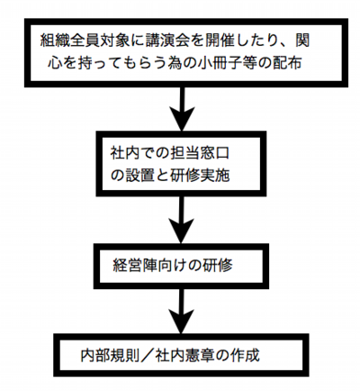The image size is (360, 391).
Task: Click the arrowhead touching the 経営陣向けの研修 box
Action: click(x=184, y=236)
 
